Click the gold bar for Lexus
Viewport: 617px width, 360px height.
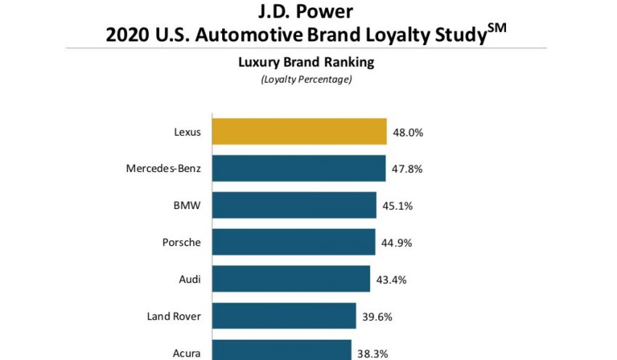click(x=298, y=132)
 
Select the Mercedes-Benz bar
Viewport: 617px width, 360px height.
click(x=298, y=168)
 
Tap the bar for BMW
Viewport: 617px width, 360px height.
click(x=294, y=205)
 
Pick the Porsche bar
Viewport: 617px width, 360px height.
click(x=293, y=242)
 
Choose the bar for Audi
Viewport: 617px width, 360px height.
click(x=290, y=279)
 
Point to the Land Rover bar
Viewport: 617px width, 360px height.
click(x=284, y=316)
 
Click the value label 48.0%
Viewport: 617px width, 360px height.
click(x=409, y=133)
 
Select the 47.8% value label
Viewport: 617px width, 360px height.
click(x=407, y=169)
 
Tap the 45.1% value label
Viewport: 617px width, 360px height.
click(x=398, y=206)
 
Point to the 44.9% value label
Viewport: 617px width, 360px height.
click(x=397, y=243)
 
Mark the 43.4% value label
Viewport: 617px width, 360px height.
click(x=392, y=279)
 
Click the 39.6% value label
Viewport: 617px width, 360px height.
click(x=378, y=316)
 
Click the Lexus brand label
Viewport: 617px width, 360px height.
click(x=187, y=133)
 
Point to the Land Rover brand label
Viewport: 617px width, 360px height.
click(x=174, y=316)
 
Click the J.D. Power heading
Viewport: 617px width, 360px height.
click(x=308, y=11)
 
